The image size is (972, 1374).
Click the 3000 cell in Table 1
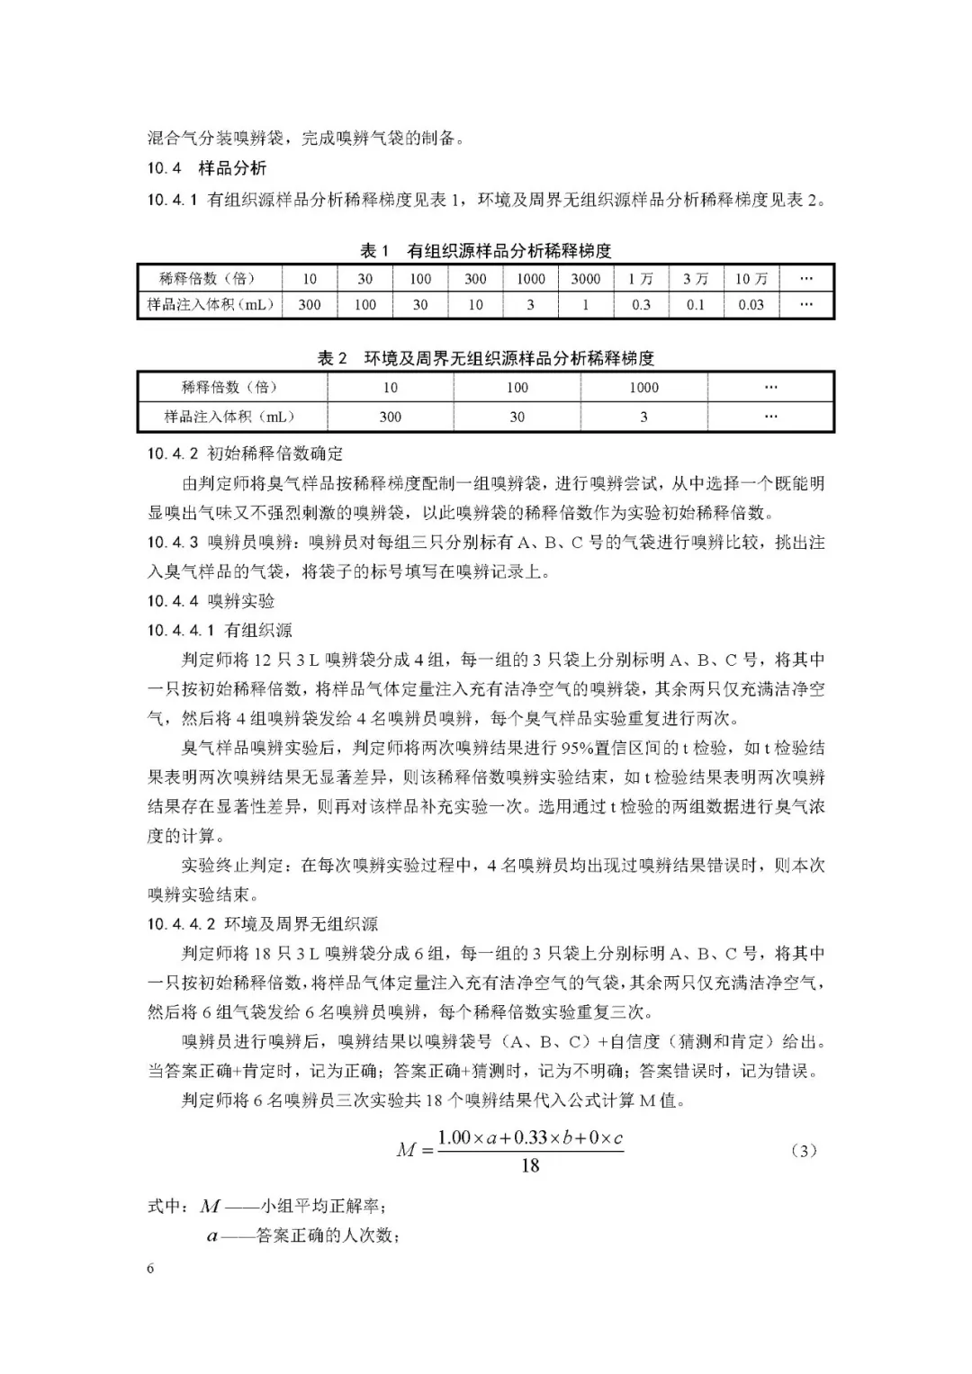click(585, 279)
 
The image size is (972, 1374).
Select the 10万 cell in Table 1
click(751, 279)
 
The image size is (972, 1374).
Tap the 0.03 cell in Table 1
click(751, 305)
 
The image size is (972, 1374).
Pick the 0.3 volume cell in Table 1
click(641, 305)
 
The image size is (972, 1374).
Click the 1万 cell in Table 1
click(641, 279)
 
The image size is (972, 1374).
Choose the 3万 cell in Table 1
click(695, 279)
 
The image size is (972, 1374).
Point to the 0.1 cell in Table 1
click(695, 305)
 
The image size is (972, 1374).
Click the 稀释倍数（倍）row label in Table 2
click(229, 388)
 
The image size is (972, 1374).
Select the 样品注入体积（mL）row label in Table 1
click(211, 305)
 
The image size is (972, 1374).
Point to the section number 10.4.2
click(173, 454)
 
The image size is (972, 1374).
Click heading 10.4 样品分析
click(207, 168)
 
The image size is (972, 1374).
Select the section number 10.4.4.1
click(181, 630)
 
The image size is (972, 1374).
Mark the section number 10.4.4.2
click(181, 924)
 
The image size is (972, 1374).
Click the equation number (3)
click(803, 1151)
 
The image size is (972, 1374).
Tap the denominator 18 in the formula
click(530, 1166)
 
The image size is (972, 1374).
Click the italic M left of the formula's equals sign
click(407, 1150)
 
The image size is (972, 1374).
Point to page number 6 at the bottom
click(150, 1269)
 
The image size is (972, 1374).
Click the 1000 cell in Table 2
click(643, 388)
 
